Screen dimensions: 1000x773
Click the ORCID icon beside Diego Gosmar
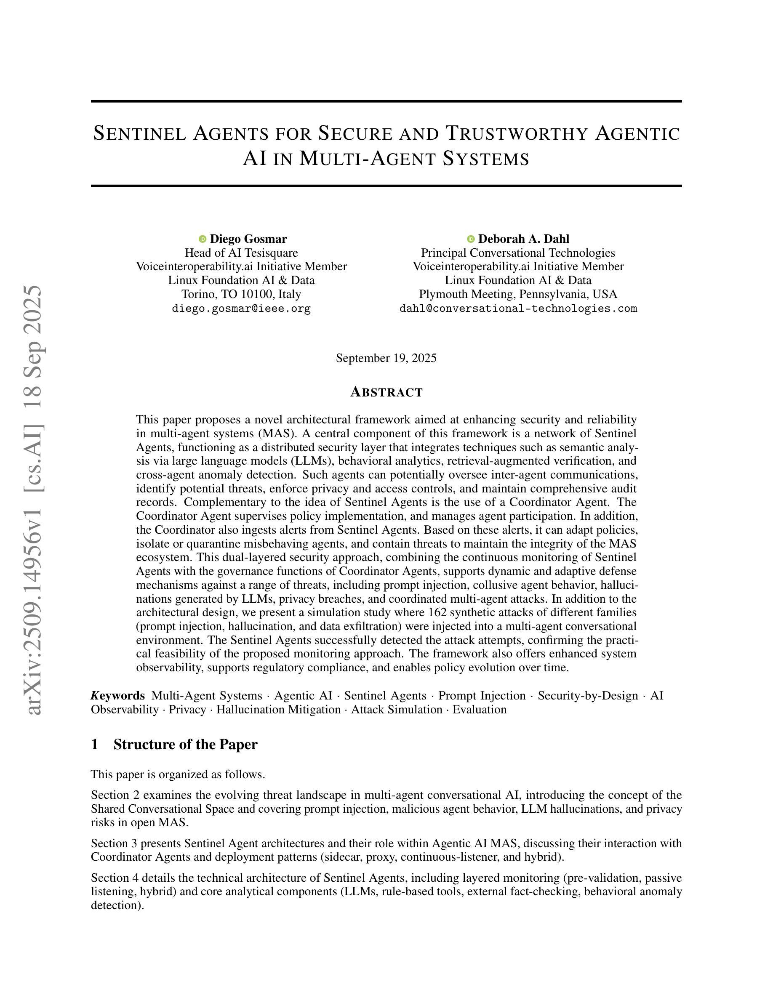coord(203,239)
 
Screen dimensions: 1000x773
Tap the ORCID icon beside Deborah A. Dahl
coord(471,239)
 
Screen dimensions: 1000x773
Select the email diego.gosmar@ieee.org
coord(241,309)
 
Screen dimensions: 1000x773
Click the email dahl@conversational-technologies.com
coord(518,309)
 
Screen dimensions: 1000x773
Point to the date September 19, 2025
coord(386,358)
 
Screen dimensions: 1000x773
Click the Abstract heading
coord(386,392)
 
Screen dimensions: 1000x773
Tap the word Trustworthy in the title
coord(516,133)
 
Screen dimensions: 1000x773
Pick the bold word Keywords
coord(118,696)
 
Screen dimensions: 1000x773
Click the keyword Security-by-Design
coord(587,696)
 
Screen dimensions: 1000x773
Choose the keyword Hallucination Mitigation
coord(278,710)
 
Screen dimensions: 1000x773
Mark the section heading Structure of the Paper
coord(186,745)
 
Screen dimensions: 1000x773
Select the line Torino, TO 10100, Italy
coord(241,294)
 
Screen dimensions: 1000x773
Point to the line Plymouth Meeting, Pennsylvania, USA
coord(518,294)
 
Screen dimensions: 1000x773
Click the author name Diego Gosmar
coord(248,239)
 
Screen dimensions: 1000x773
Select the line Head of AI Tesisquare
coord(241,253)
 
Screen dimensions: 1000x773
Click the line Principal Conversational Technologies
coord(518,253)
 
